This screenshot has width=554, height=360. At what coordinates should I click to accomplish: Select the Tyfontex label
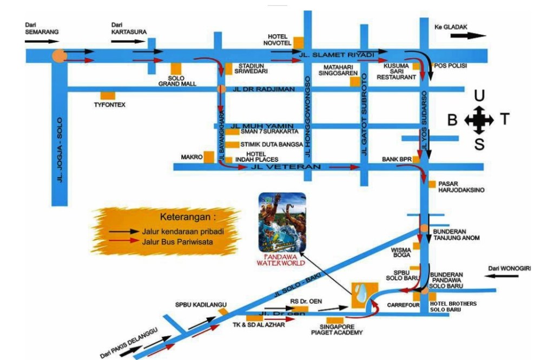[109, 104]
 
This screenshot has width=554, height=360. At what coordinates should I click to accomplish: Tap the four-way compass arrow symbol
[479, 120]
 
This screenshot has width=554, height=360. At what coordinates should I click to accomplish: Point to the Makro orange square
[209, 157]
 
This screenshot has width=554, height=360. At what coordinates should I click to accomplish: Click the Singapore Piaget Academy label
[337, 330]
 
